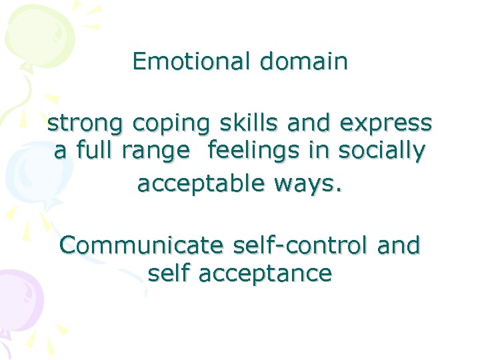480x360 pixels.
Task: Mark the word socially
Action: click(381, 153)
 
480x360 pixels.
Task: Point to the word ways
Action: click(313, 182)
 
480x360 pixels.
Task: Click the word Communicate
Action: click(141, 246)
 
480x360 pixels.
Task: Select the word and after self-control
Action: click(399, 246)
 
